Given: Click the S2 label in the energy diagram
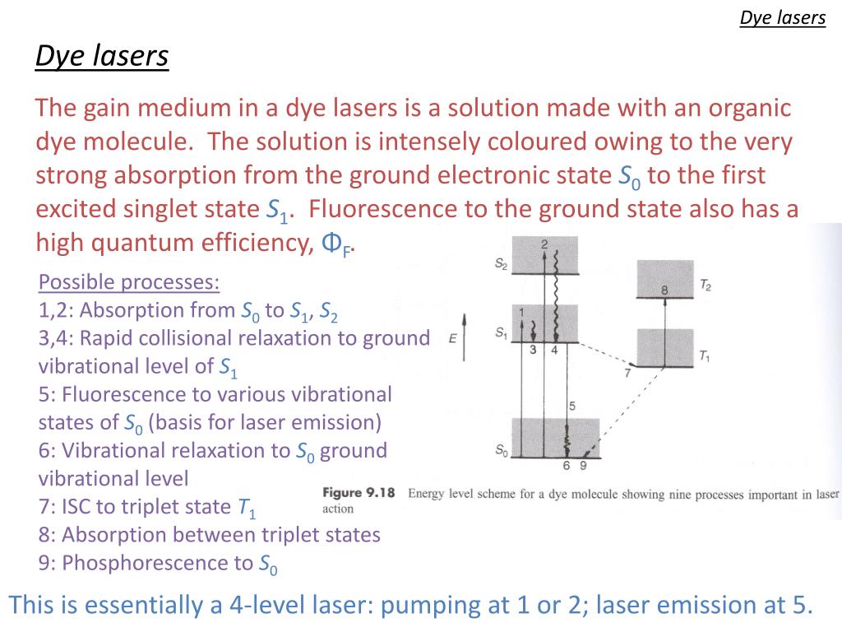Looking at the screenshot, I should tap(501, 264).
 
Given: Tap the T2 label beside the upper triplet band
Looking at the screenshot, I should tap(706, 285).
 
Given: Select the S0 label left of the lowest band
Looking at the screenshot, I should tap(501, 449).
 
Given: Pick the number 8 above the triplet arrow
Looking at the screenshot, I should tap(664, 290).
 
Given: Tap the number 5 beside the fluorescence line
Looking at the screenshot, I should tap(572, 406).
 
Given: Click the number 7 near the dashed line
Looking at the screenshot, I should tap(627, 373).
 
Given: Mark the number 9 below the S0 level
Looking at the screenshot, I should tap(583, 466).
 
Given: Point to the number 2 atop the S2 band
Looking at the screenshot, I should tap(544, 244).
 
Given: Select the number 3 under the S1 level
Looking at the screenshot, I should tap(533, 350).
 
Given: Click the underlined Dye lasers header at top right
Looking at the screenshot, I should tap(782, 18).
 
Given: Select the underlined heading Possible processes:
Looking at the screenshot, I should tap(129, 282).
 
